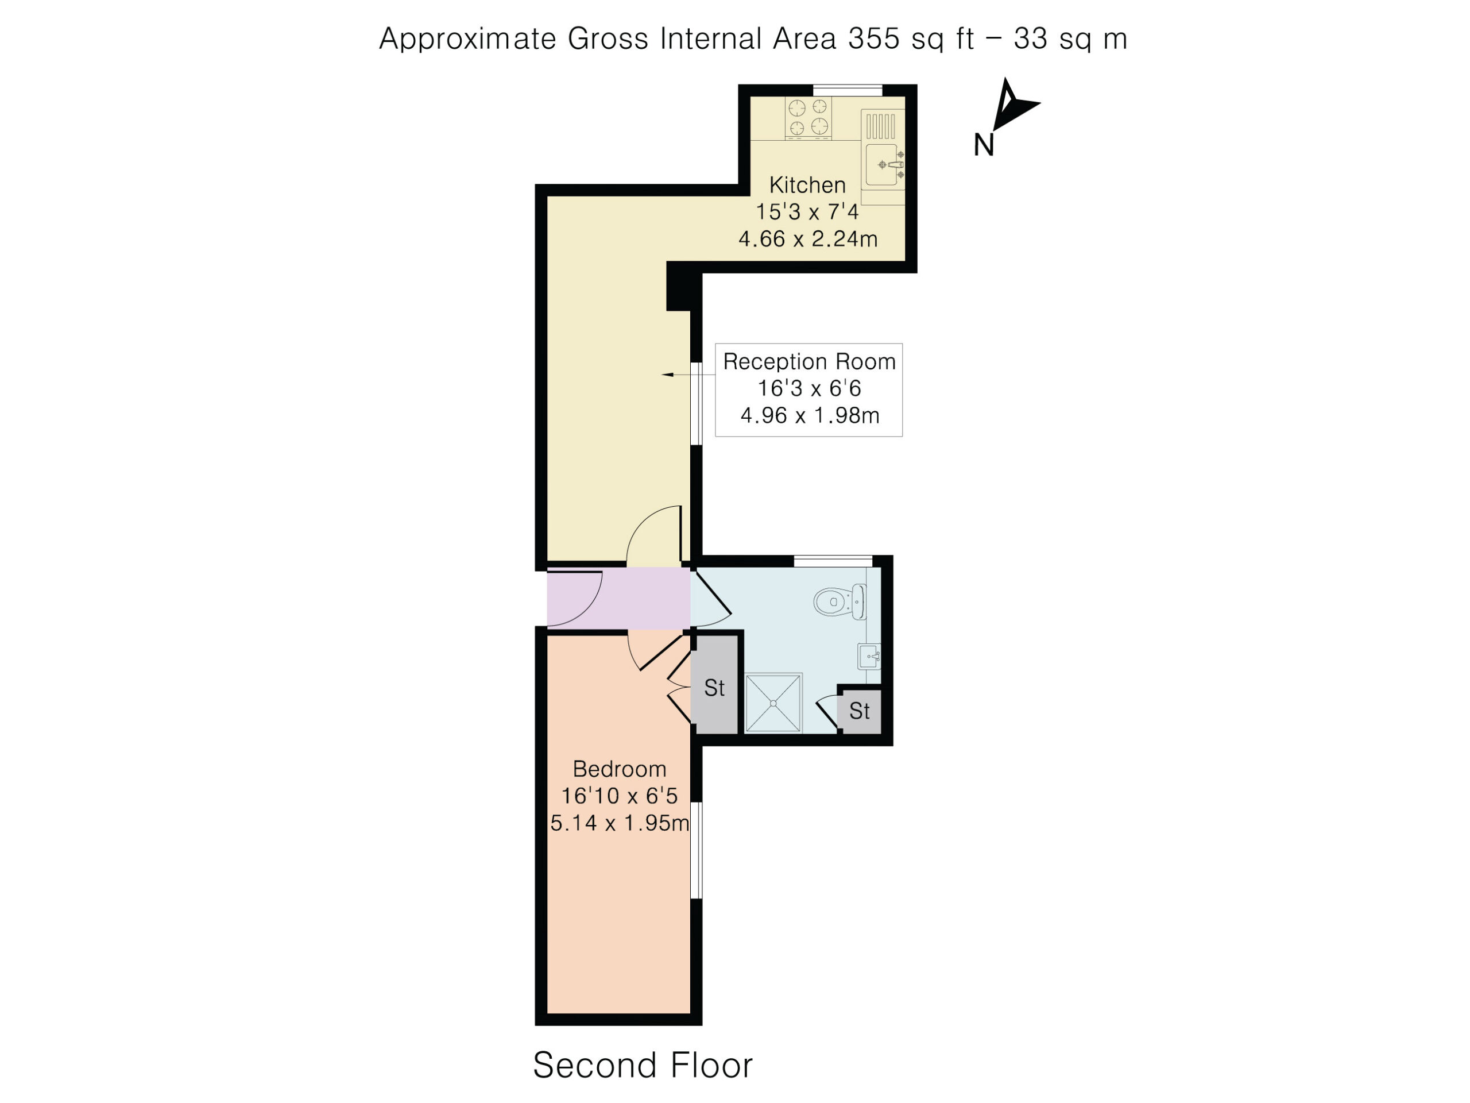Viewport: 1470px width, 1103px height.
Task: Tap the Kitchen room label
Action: (807, 185)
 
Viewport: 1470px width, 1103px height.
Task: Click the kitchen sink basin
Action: (882, 164)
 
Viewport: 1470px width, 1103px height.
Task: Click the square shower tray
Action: (773, 703)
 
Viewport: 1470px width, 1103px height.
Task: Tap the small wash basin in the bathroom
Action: (869, 657)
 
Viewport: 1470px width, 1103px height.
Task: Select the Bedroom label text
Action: (620, 769)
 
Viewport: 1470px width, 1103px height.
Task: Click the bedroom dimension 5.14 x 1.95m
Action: (620, 823)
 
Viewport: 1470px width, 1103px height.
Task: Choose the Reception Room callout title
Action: (810, 362)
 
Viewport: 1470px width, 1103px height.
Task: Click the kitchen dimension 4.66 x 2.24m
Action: (808, 238)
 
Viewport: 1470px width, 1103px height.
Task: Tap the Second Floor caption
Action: (643, 1065)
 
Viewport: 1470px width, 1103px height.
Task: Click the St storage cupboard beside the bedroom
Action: (714, 685)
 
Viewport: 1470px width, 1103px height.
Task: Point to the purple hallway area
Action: (618, 597)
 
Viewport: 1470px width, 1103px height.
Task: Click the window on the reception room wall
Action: (697, 403)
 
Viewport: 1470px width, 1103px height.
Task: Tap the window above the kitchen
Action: (848, 90)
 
